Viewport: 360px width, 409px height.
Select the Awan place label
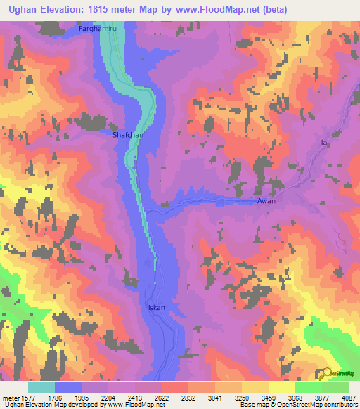[x=266, y=201]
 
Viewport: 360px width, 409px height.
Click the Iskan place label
[x=156, y=308]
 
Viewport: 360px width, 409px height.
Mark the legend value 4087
[x=347, y=396]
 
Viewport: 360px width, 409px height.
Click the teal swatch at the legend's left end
[x=41, y=387]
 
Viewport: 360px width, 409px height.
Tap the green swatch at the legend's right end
[x=335, y=387]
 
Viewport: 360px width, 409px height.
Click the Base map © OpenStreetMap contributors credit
[x=297, y=405]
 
